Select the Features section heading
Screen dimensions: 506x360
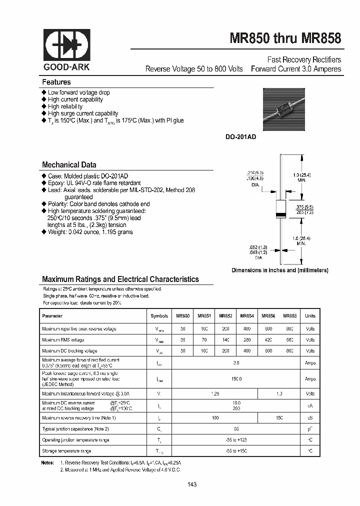(x=56, y=82)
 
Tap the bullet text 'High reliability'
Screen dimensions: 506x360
(x=65, y=106)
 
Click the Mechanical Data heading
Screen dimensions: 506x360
(x=69, y=165)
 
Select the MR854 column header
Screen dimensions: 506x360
(x=247, y=316)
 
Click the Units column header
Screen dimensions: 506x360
(x=310, y=316)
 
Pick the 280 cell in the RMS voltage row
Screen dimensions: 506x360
(x=247, y=340)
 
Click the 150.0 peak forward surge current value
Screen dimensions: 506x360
(x=236, y=379)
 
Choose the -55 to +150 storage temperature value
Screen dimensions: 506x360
(x=236, y=451)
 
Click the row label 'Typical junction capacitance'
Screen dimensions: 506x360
(x=75, y=429)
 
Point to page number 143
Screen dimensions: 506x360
(x=192, y=484)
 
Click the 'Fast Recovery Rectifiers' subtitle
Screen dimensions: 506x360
(x=304, y=59)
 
